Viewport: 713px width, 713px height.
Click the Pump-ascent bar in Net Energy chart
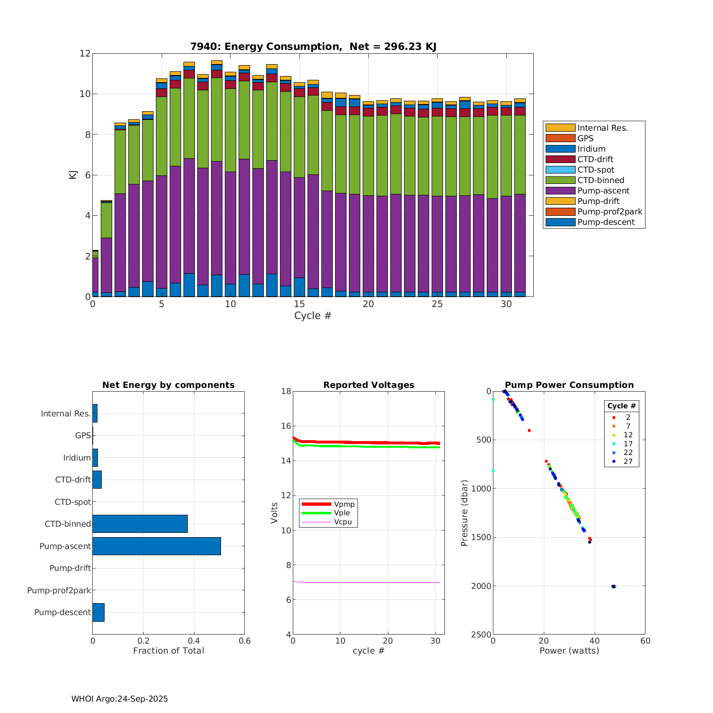(156, 546)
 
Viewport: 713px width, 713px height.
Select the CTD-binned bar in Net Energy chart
(140, 524)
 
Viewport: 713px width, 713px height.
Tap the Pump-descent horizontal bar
(98, 612)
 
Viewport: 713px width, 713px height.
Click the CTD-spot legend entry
(596, 170)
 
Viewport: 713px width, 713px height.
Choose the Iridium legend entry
(591, 149)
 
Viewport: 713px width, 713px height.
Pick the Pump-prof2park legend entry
(609, 212)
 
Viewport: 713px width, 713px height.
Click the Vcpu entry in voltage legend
(343, 522)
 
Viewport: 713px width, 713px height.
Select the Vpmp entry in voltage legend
(344, 504)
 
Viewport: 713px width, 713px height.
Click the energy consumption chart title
(313, 47)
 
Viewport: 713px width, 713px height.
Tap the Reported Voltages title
(368, 385)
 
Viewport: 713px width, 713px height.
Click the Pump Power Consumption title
(569, 385)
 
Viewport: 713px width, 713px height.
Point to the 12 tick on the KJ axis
(85, 53)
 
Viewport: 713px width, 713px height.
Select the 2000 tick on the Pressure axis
(481, 586)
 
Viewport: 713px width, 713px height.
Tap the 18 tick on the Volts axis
(286, 391)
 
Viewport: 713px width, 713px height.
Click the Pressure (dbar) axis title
(464, 512)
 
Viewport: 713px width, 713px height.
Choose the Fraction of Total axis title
(168, 651)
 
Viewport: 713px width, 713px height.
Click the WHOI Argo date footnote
(119, 699)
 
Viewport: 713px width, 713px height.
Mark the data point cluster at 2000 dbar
(614, 587)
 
